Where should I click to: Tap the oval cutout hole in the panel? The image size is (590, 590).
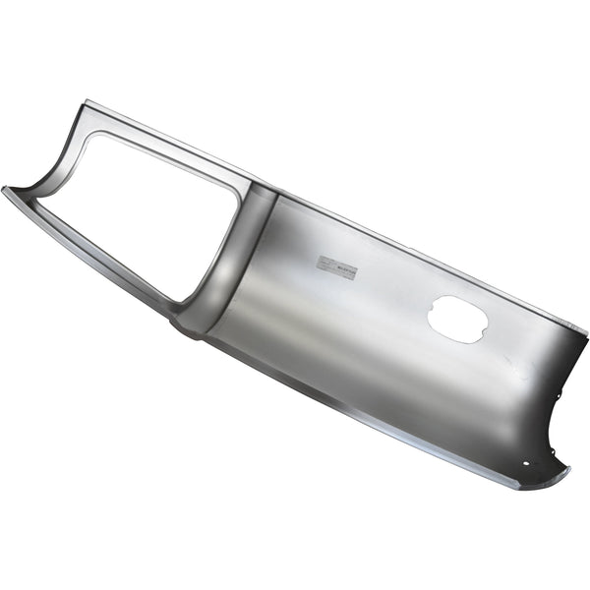[456, 320]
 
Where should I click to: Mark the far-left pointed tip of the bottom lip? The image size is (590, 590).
[5, 189]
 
